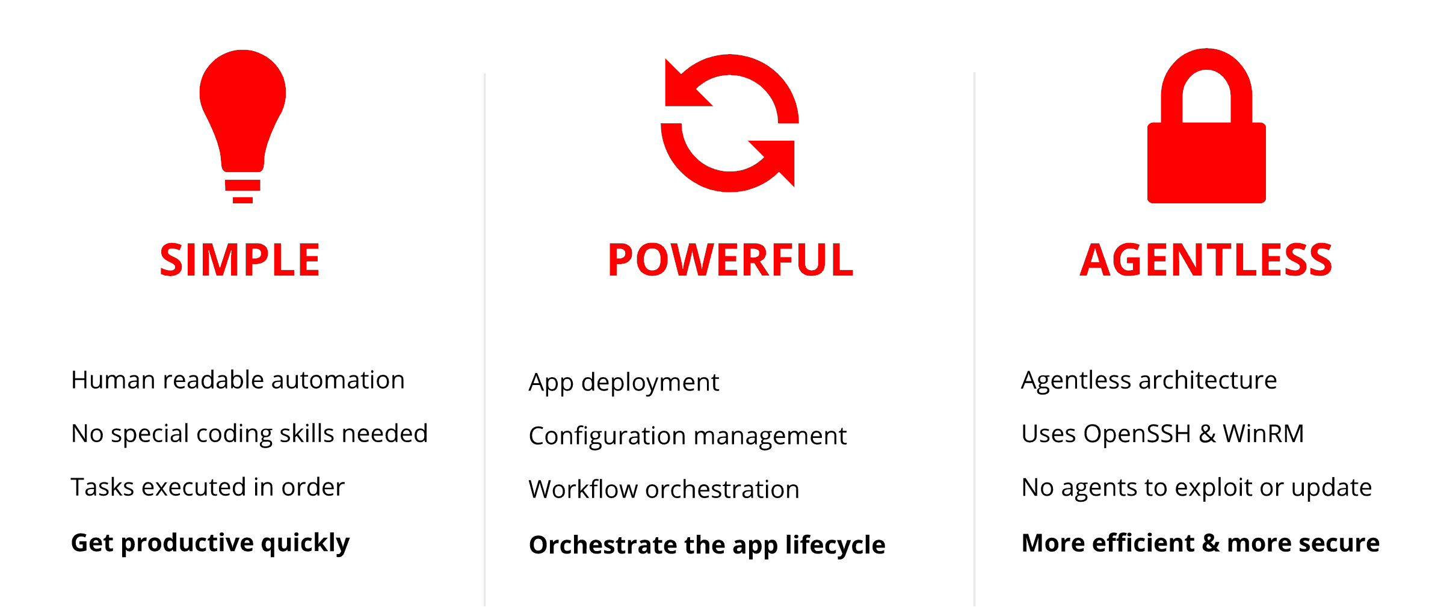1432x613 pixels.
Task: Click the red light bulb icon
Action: (x=242, y=120)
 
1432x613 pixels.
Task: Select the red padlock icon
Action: (x=1206, y=162)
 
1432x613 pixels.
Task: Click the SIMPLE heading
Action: (x=239, y=260)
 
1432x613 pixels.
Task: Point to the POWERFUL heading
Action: (x=730, y=260)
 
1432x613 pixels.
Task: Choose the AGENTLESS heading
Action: (x=1206, y=260)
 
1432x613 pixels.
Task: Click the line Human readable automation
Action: (x=238, y=380)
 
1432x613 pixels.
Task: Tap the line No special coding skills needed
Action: (x=249, y=434)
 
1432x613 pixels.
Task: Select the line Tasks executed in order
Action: (x=208, y=487)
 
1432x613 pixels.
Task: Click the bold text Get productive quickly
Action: (x=210, y=543)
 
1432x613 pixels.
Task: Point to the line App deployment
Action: (x=623, y=383)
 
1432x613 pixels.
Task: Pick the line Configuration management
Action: (x=687, y=436)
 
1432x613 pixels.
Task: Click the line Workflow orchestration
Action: (x=664, y=489)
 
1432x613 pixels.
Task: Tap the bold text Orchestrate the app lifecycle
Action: (x=707, y=546)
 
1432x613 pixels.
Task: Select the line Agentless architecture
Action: (x=1149, y=380)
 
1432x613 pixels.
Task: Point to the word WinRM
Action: (x=1263, y=433)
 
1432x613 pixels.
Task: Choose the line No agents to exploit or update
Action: (x=1196, y=487)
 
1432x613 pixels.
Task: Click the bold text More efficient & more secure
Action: (x=1200, y=543)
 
